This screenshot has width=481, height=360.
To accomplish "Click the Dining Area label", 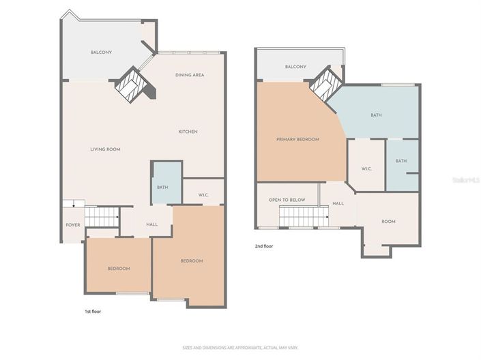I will click(190, 75).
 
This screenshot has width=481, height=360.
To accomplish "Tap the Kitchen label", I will click(188, 132).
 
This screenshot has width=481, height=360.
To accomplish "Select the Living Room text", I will click(105, 149).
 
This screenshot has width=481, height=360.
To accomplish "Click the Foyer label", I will click(72, 225).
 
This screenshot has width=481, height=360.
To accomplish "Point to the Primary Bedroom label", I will click(297, 139).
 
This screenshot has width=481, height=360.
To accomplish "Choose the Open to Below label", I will click(287, 200).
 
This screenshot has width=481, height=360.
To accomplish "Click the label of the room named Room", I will click(388, 222).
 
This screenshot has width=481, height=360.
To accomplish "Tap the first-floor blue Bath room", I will click(162, 187).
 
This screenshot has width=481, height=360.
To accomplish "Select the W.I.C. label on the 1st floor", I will click(203, 196).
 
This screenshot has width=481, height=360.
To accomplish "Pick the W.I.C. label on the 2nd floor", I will click(365, 168).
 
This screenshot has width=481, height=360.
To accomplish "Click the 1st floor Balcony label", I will click(101, 52).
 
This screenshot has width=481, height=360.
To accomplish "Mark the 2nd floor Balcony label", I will click(295, 67).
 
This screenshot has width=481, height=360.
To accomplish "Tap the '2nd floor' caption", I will click(264, 246).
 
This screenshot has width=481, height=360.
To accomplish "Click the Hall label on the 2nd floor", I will click(338, 204).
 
